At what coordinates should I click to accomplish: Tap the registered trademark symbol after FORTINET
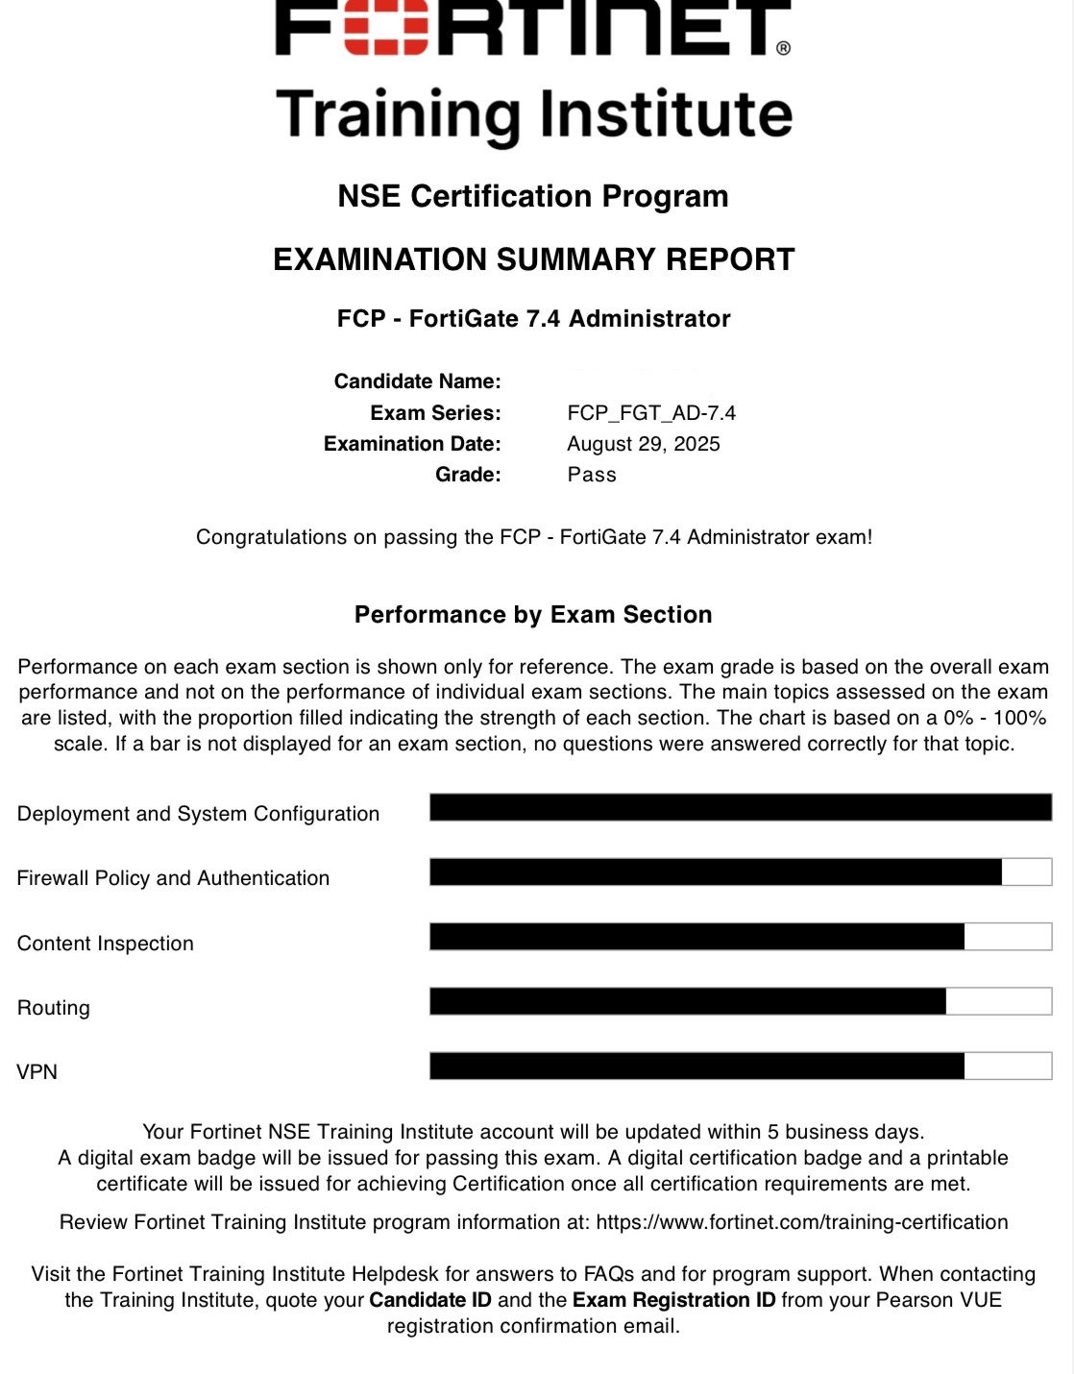click(783, 48)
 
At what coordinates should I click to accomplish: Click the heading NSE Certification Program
click(533, 196)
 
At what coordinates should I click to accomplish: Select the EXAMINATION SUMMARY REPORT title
click(533, 259)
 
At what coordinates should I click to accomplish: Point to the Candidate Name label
click(417, 381)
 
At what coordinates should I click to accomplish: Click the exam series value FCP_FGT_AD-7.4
click(651, 413)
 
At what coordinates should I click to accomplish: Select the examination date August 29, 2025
click(643, 444)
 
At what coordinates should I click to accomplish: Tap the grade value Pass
click(592, 475)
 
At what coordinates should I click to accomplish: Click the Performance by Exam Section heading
click(533, 615)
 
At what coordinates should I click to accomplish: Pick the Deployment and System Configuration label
click(198, 814)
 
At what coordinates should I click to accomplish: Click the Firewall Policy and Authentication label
click(173, 878)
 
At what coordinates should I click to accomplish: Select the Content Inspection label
click(106, 944)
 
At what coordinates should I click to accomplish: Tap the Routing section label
click(54, 1008)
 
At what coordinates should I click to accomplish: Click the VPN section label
click(37, 1072)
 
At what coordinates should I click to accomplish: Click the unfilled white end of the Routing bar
click(998, 1001)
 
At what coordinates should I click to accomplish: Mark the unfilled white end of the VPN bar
click(1008, 1066)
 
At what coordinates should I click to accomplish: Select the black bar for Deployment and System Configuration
click(740, 807)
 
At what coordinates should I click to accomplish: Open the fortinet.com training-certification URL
click(802, 1222)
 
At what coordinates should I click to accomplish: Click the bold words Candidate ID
click(430, 1300)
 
